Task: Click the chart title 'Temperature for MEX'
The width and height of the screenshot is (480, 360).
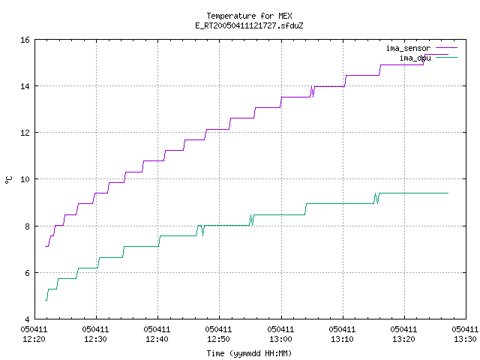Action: point(249,16)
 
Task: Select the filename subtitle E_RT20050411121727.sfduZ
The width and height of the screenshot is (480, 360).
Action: point(249,25)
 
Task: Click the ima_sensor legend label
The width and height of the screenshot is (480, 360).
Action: point(408,48)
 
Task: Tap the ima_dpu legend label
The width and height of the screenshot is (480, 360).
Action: point(415,58)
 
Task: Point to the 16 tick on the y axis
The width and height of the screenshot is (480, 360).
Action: point(25,40)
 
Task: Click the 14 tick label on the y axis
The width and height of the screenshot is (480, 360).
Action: point(25,86)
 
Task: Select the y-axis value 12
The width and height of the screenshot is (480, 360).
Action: point(25,133)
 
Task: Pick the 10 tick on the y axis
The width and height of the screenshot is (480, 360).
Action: point(25,179)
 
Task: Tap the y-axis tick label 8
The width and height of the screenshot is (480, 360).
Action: point(28,226)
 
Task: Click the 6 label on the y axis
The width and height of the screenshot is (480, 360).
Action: point(28,273)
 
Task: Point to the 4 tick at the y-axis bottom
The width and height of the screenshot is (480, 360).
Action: point(28,319)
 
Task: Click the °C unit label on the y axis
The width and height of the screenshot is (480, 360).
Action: point(8,180)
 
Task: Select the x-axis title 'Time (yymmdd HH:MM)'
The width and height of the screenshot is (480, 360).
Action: point(249,353)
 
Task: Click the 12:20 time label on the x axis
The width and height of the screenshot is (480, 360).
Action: point(34,339)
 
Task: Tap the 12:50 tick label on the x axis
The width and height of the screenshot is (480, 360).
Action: point(218,339)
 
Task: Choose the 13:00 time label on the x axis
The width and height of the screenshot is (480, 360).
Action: point(280,339)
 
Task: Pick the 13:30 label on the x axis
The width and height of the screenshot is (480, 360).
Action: point(465,339)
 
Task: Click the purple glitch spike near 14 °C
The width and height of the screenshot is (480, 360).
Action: point(313,91)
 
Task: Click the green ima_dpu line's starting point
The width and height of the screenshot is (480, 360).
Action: point(46,300)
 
